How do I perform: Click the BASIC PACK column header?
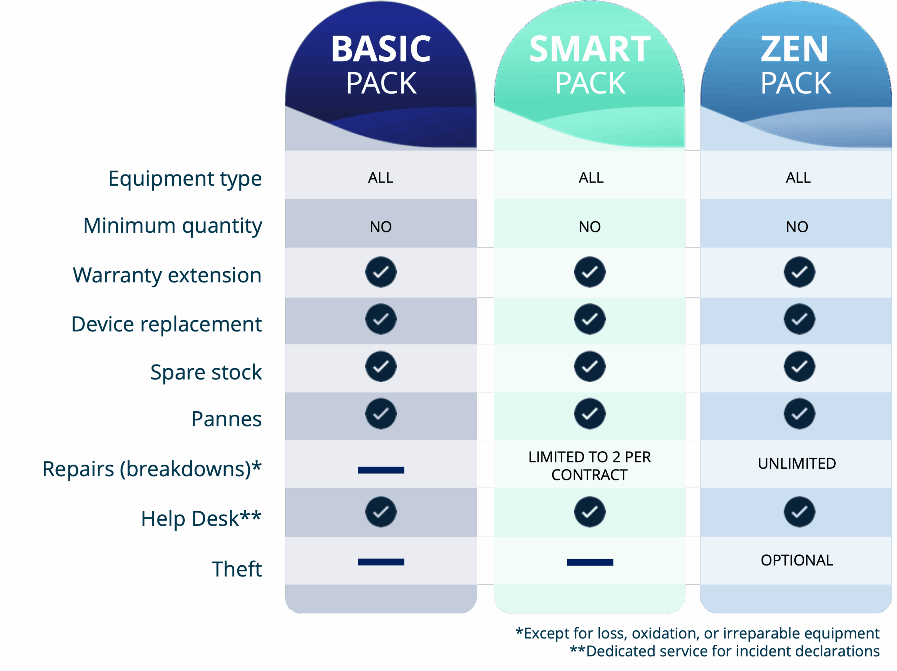pos(381,65)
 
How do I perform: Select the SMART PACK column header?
pos(590,65)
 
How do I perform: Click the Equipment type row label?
pos(185,179)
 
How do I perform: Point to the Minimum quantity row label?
pos(173,226)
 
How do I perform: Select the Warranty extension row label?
pos(167,275)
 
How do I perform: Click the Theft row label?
pos(237,568)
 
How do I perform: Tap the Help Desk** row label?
pos(201,518)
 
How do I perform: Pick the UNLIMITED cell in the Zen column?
pos(797,464)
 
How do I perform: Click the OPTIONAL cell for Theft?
pos(797,560)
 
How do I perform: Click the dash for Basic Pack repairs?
pos(381,470)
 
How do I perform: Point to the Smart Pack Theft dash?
pos(590,562)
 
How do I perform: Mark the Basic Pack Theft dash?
pos(381,562)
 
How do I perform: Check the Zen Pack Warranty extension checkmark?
pos(799,272)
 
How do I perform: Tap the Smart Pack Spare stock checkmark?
pos(590,366)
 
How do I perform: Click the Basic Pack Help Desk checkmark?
pos(381,512)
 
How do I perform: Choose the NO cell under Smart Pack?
pos(590,227)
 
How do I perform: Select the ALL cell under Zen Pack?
pos(798,178)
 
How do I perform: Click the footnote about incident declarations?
pos(725,651)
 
